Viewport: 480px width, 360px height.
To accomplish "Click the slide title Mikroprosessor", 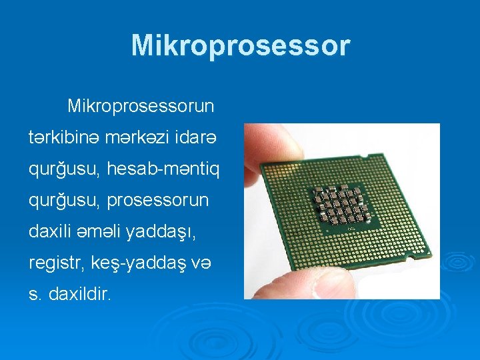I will pos(240,45).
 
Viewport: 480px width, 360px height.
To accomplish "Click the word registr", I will pos(55,263).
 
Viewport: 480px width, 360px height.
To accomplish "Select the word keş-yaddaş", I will pos(136,263).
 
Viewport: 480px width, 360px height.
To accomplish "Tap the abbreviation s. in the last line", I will pos(35,294).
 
